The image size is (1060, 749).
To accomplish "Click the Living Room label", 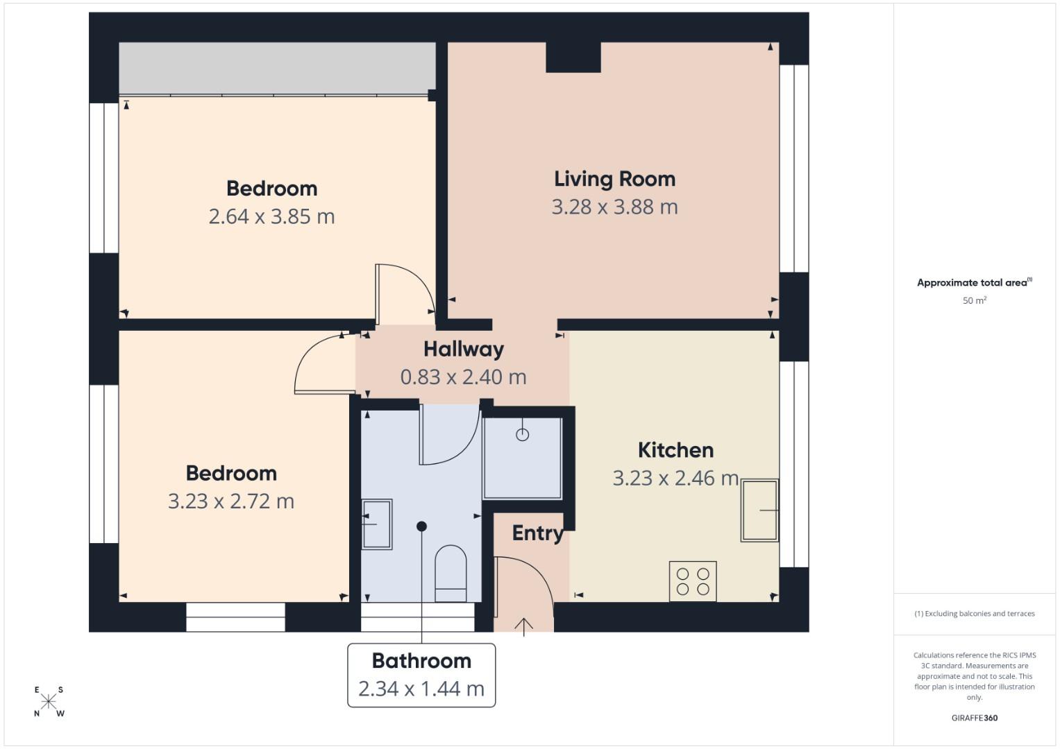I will (x=614, y=179).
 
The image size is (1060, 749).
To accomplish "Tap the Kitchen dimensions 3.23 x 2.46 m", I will (x=675, y=478).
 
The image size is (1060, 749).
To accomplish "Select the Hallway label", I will (x=463, y=349).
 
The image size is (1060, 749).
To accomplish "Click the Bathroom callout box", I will (x=421, y=675).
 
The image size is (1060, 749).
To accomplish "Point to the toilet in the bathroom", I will (x=451, y=572).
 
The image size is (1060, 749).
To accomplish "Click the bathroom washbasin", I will (x=377, y=524).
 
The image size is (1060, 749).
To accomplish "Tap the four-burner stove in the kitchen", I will (x=693, y=581).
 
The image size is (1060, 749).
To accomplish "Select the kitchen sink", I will (x=759, y=510).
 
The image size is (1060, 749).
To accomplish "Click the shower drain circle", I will (x=523, y=435).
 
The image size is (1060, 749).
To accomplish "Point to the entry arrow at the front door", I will (x=523, y=626).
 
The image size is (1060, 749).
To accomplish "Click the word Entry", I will (x=537, y=533).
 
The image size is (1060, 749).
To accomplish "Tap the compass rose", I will (x=49, y=701).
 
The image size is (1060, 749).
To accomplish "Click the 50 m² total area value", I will (x=974, y=301).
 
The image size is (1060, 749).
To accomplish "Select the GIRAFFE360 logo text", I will (x=974, y=718).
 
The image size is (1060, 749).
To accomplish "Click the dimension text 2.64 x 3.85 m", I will (x=271, y=216).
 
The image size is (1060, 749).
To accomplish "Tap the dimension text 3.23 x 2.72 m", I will (x=231, y=501).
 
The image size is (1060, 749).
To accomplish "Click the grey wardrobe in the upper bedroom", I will (x=276, y=68).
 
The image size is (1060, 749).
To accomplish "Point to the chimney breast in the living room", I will (x=573, y=57).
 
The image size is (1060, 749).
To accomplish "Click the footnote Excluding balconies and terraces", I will (x=974, y=614).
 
